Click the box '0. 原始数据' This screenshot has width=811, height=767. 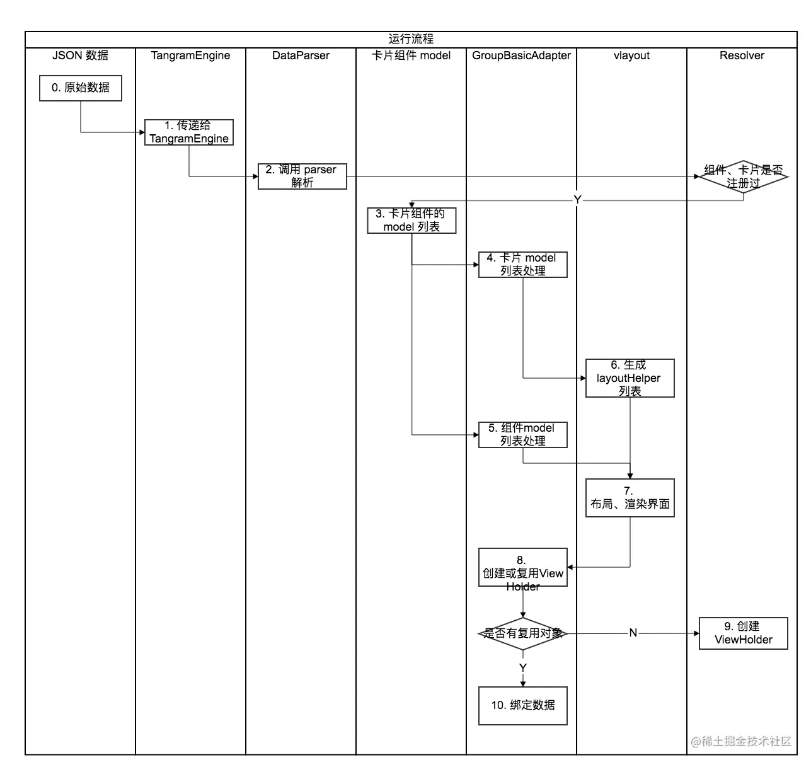coord(80,88)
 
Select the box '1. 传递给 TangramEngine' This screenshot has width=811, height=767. coord(188,132)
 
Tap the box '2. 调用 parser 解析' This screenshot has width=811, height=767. coord(302,176)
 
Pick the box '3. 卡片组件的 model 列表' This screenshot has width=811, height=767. coord(411,221)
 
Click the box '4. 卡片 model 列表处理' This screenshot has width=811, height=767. coord(522,265)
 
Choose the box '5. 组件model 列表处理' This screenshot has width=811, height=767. coord(522,435)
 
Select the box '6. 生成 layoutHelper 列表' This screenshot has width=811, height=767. coord(630,378)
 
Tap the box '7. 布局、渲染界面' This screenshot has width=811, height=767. coord(630,498)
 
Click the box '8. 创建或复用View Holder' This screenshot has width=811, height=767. coord(522,567)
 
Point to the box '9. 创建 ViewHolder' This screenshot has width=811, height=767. coord(743,633)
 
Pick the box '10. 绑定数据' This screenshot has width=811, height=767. coord(522,706)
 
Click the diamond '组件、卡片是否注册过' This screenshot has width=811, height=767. coord(743,176)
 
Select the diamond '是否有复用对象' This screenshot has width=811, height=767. coord(522,633)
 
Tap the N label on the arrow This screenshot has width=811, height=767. coord(633,633)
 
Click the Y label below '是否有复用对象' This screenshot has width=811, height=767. coord(522,667)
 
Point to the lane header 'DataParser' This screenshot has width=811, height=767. coord(301,55)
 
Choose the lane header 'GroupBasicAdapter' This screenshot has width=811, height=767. coord(521,55)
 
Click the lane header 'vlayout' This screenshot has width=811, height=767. coord(631,55)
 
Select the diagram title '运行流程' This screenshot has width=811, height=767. coord(411,39)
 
